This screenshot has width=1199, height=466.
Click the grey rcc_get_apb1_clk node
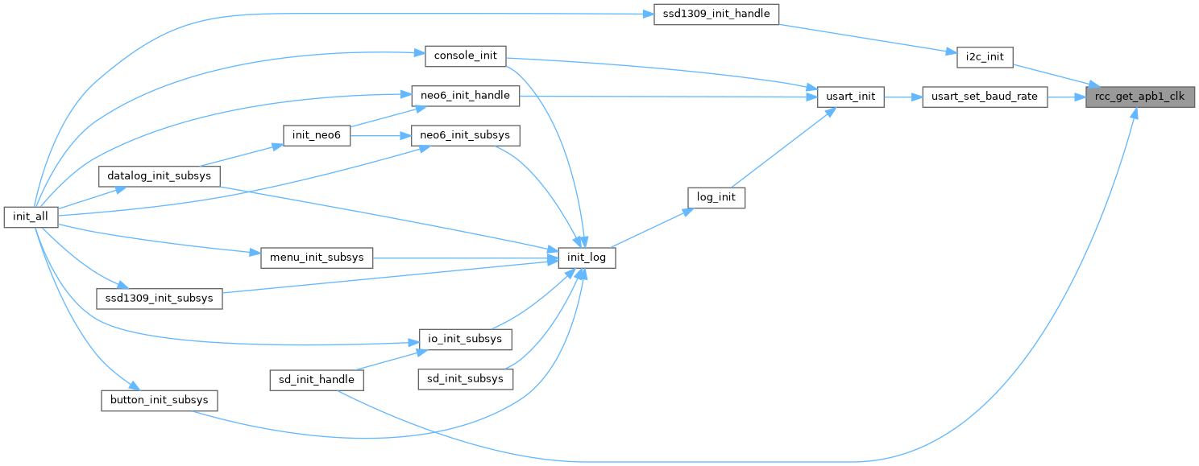(1140, 97)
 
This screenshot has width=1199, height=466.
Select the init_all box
(31, 217)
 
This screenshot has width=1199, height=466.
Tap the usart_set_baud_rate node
(985, 97)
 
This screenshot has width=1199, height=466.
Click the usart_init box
(851, 97)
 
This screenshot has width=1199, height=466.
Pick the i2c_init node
(985, 56)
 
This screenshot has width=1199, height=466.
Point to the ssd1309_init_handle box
(716, 14)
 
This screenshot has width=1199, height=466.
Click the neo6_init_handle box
(465, 95)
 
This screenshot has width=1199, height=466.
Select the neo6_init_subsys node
(465, 135)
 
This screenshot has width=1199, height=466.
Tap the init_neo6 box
(317, 136)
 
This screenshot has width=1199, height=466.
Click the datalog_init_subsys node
(159, 176)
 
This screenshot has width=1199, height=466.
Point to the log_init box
(716, 197)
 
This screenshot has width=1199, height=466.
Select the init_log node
(587, 258)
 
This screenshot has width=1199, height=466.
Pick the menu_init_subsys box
(317, 258)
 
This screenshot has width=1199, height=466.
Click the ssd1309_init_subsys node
(159, 298)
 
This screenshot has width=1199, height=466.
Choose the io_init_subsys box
(465, 339)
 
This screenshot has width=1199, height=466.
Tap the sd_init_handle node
(317, 379)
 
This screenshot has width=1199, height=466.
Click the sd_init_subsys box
(465, 378)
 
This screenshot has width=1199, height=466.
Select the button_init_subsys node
(159, 399)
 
